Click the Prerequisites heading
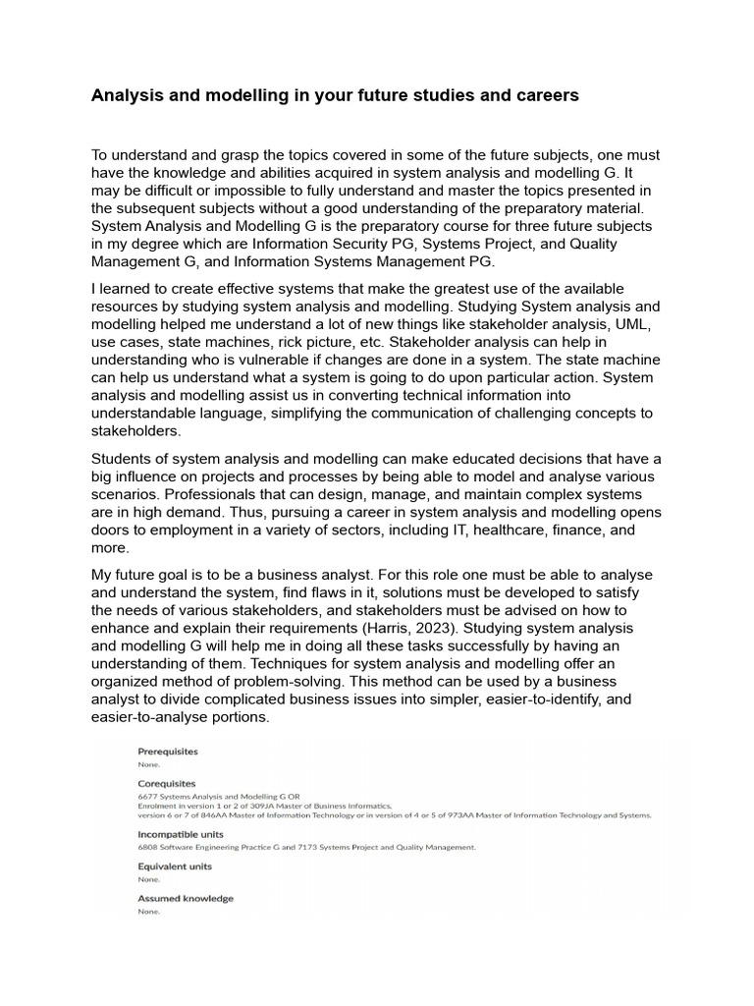click(168, 752)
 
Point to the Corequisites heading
click(167, 784)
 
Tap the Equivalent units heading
click(175, 866)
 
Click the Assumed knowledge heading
click(186, 899)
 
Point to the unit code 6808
click(147, 847)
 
